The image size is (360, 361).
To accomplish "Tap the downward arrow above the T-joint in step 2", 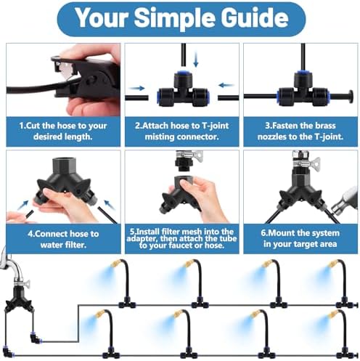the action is point(196,60).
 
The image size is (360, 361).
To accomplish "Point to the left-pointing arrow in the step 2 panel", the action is point(226,85).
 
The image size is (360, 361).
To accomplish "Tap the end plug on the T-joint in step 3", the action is point(350,97).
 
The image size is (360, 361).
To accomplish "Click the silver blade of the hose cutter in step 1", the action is point(66,70).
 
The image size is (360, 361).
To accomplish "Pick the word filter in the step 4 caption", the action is point(74,245).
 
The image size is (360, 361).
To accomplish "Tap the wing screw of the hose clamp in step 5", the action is point(197,155).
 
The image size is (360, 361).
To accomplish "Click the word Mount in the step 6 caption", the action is point(281,233).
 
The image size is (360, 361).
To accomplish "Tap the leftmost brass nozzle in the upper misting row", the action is point(115,263).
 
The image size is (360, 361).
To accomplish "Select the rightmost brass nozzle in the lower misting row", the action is point(333,314).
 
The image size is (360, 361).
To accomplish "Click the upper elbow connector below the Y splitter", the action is point(35,338).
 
